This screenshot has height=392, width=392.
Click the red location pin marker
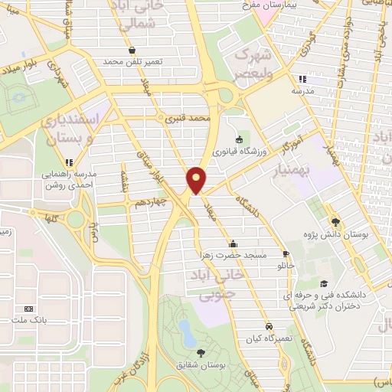click(x=196, y=178)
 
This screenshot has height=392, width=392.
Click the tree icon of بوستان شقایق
click(x=201, y=353)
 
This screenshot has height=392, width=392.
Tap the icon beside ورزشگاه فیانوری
click(x=239, y=139)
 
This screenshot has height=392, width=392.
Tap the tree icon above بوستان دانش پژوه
click(x=335, y=221)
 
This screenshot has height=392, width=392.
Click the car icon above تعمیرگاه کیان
click(x=267, y=325)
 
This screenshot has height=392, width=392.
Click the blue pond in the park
click(x=185, y=330)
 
